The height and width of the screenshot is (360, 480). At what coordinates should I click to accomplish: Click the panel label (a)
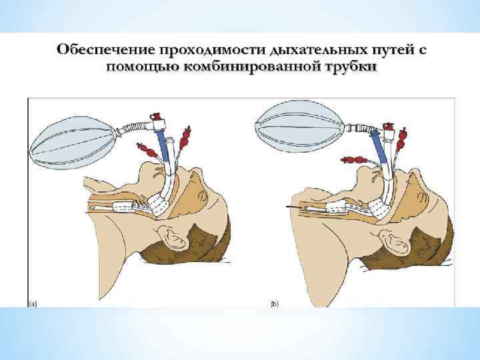pos(32,303)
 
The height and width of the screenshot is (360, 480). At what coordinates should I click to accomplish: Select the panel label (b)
pos(275,303)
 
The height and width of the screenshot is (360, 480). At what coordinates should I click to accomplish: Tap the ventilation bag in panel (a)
pos(71,142)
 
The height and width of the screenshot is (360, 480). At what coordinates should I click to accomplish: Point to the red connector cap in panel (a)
pos(157,116)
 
